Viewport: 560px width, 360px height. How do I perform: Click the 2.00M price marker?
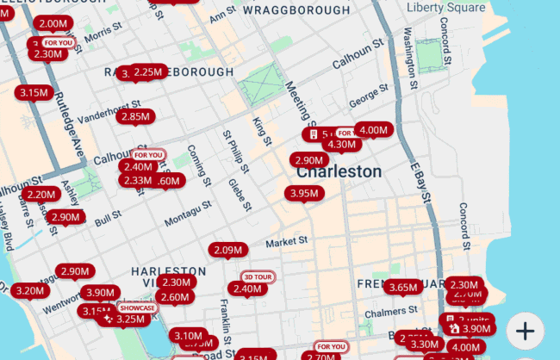click(53, 24)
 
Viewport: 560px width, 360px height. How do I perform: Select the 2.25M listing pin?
click(149, 72)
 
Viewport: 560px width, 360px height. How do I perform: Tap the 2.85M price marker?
click(135, 116)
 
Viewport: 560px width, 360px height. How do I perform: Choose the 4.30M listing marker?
click(341, 145)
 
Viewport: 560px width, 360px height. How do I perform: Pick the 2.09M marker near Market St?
click(227, 250)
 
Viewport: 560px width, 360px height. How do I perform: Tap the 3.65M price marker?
click(402, 287)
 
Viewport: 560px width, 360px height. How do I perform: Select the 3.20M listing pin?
click(29, 290)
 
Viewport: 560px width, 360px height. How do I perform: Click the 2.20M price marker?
click(41, 195)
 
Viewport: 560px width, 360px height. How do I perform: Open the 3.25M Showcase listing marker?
click(130, 319)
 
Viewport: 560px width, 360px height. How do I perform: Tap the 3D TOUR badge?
click(258, 276)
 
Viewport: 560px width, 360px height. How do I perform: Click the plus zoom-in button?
click(526, 329)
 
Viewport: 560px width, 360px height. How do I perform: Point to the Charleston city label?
click(339, 171)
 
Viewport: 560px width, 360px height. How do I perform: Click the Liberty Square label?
click(445, 8)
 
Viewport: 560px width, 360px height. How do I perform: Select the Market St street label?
click(287, 242)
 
